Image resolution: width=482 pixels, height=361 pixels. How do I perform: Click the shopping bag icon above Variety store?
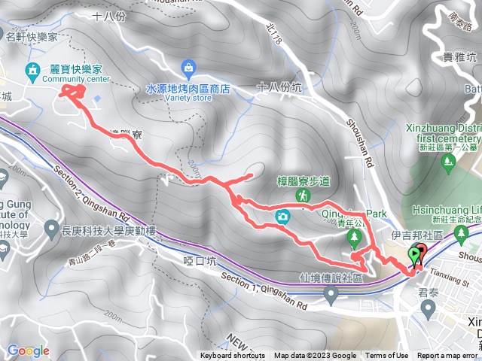click(x=188, y=68)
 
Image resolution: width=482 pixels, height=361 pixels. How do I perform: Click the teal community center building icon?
click(x=32, y=71)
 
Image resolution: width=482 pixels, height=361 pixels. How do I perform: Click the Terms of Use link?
click(x=387, y=356)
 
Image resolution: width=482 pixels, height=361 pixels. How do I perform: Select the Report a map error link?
click(x=447, y=356)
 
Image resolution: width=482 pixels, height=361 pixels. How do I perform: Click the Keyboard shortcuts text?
click(x=233, y=356)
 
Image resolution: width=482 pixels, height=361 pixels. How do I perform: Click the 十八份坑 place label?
click(x=279, y=87)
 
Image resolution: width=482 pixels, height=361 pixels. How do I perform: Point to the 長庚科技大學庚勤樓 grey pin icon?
click(x=50, y=226)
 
